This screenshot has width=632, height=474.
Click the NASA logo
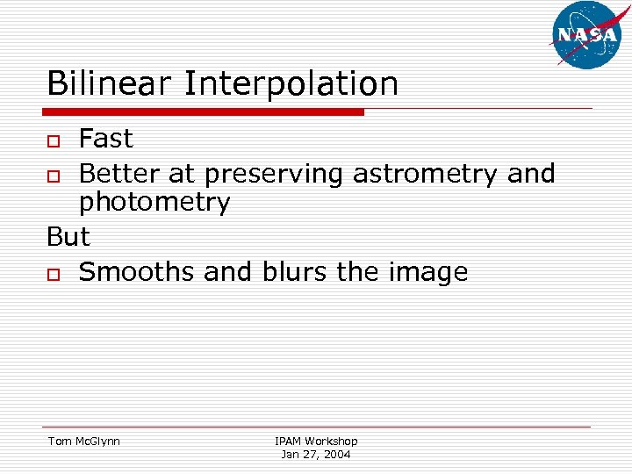click(586, 34)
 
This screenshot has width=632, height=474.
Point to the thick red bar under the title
click(204, 112)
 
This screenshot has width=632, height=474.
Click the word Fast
click(105, 139)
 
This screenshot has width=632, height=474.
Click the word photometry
click(154, 204)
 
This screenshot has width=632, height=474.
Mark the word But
click(68, 237)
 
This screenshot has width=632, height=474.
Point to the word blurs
click(289, 272)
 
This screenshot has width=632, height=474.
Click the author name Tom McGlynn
click(83, 441)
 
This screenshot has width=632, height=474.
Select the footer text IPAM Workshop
click(316, 441)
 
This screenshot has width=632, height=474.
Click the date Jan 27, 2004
click(316, 455)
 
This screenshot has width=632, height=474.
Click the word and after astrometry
click(531, 175)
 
